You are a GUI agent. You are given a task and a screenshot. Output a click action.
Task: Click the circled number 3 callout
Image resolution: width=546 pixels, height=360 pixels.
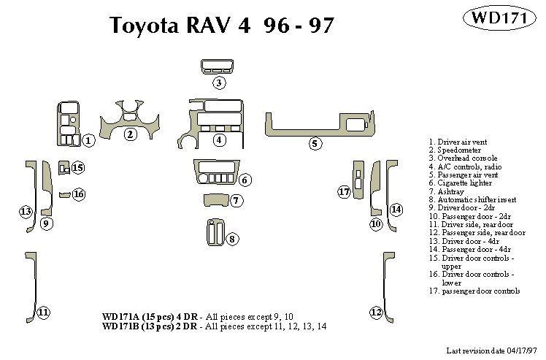(x=219, y=83)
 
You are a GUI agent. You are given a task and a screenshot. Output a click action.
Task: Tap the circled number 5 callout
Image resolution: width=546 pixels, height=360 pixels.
(x=315, y=143)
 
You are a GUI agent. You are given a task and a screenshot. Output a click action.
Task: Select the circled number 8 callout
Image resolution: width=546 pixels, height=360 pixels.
(x=231, y=239)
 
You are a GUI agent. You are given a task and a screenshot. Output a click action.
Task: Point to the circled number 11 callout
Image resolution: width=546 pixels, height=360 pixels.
(x=43, y=313)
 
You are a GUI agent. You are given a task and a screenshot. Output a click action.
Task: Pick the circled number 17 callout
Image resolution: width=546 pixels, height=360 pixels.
(x=345, y=192)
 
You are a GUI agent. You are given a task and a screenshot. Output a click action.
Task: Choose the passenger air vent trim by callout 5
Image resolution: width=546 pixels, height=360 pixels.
(x=321, y=124)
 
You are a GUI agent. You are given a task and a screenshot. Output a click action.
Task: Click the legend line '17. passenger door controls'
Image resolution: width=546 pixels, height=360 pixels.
(x=474, y=291)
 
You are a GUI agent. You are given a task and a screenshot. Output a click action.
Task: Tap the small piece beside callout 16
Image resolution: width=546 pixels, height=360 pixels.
(x=64, y=195)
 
